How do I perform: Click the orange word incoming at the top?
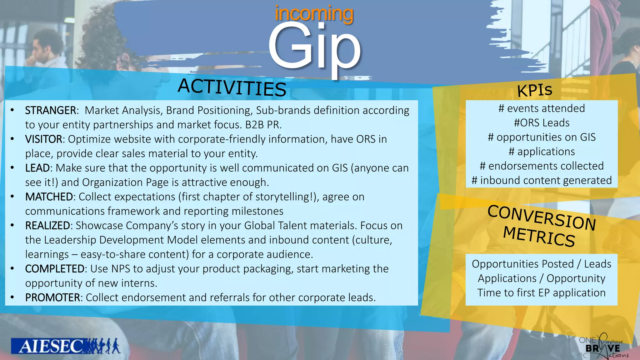(x=314, y=14)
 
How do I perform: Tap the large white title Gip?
(x=314, y=47)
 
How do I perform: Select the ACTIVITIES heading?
(x=232, y=87)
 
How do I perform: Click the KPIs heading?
(x=535, y=90)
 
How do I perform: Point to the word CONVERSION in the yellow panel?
(x=542, y=217)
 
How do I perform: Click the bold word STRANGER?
(x=50, y=110)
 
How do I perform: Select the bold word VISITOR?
(x=44, y=139)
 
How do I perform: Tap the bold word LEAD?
(x=37, y=168)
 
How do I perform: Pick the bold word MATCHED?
(x=49, y=197)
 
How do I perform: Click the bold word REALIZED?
(x=47, y=225)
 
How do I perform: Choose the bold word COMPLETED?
(x=55, y=268)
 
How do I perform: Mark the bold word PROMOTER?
(x=52, y=297)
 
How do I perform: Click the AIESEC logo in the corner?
(x=65, y=346)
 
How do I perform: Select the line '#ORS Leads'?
(x=542, y=123)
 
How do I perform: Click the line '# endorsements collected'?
(x=542, y=166)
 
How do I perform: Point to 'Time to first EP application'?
(x=542, y=293)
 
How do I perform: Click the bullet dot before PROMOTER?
(x=12, y=297)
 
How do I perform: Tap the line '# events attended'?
(x=542, y=108)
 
